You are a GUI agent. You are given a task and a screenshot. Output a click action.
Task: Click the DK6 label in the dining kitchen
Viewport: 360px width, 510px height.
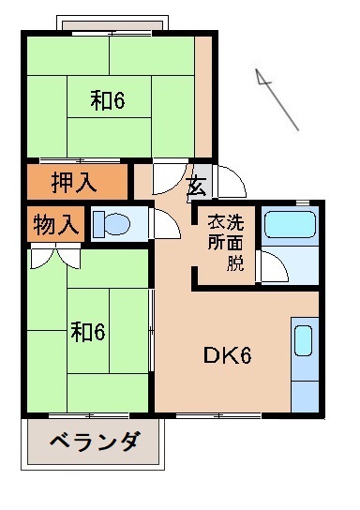click(x=227, y=357)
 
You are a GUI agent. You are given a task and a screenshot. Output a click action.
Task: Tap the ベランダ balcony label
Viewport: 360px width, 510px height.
click(x=94, y=442)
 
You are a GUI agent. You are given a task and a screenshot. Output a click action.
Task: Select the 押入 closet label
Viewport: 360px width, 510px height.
click(x=73, y=182)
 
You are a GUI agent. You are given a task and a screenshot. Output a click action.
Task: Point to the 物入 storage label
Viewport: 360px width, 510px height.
click(x=56, y=225)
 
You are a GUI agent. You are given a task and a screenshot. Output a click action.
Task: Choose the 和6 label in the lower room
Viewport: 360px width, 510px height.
click(x=88, y=331)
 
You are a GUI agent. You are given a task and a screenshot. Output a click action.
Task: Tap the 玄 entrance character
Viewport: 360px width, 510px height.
click(x=195, y=185)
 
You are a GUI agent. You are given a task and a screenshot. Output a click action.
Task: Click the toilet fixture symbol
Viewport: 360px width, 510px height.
click(x=114, y=225)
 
